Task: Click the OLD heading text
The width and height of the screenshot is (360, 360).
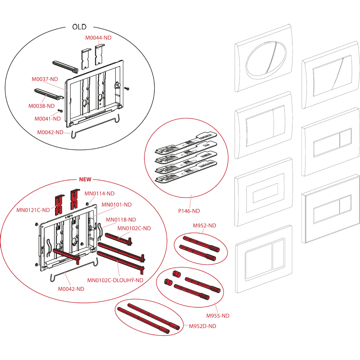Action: coord(79,27)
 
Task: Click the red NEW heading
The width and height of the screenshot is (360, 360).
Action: coord(85,179)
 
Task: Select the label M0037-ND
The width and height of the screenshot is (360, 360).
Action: coord(45,79)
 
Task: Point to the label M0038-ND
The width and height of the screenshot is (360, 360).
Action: coord(41,106)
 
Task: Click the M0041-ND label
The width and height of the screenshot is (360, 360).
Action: coord(48,119)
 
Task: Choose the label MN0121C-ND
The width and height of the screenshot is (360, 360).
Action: coord(33,210)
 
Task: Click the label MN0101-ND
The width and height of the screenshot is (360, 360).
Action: coord(117,204)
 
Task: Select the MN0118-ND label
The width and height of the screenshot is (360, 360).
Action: coord(121,220)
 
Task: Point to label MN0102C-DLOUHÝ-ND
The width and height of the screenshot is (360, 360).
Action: coord(115,280)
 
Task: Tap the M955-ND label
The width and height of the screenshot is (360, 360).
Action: coord(217,315)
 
